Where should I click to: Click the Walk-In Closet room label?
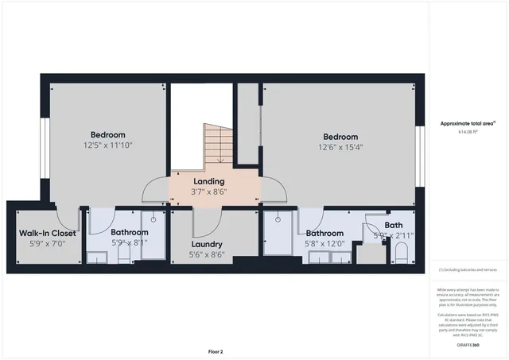click(x=48, y=233)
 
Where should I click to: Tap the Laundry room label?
click(x=207, y=244)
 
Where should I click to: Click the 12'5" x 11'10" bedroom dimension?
click(x=107, y=145)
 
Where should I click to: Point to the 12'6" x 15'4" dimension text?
click(x=339, y=147)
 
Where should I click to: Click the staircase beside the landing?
click(x=219, y=144)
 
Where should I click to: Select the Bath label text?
click(x=394, y=226)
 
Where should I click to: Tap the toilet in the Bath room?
click(x=400, y=254)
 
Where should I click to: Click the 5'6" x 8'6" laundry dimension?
click(x=207, y=255)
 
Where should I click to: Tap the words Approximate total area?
click(x=468, y=123)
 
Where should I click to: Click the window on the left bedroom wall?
click(x=45, y=141)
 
